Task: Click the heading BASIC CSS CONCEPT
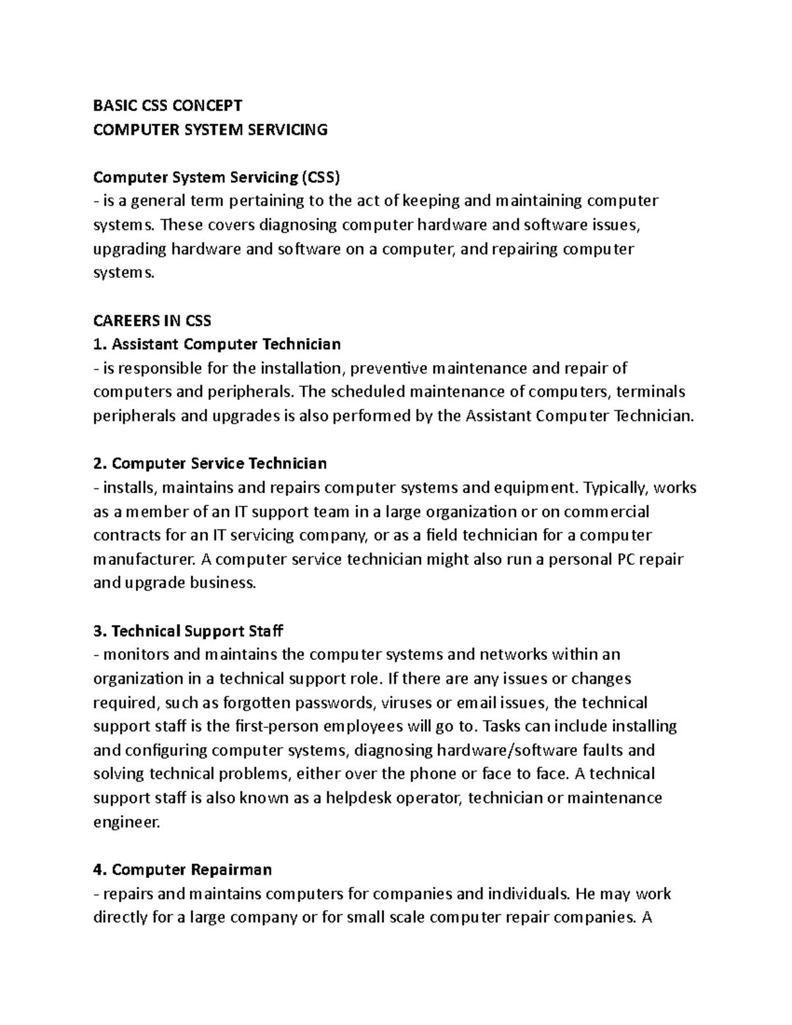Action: (x=168, y=106)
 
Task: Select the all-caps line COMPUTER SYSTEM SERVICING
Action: (x=210, y=129)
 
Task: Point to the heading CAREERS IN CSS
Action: (x=152, y=321)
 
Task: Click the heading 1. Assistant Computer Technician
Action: (x=217, y=344)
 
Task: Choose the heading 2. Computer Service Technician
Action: (x=210, y=463)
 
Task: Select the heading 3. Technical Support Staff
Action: (x=188, y=631)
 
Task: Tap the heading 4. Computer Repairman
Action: (x=183, y=869)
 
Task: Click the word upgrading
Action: (x=129, y=249)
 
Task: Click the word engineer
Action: (x=126, y=822)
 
